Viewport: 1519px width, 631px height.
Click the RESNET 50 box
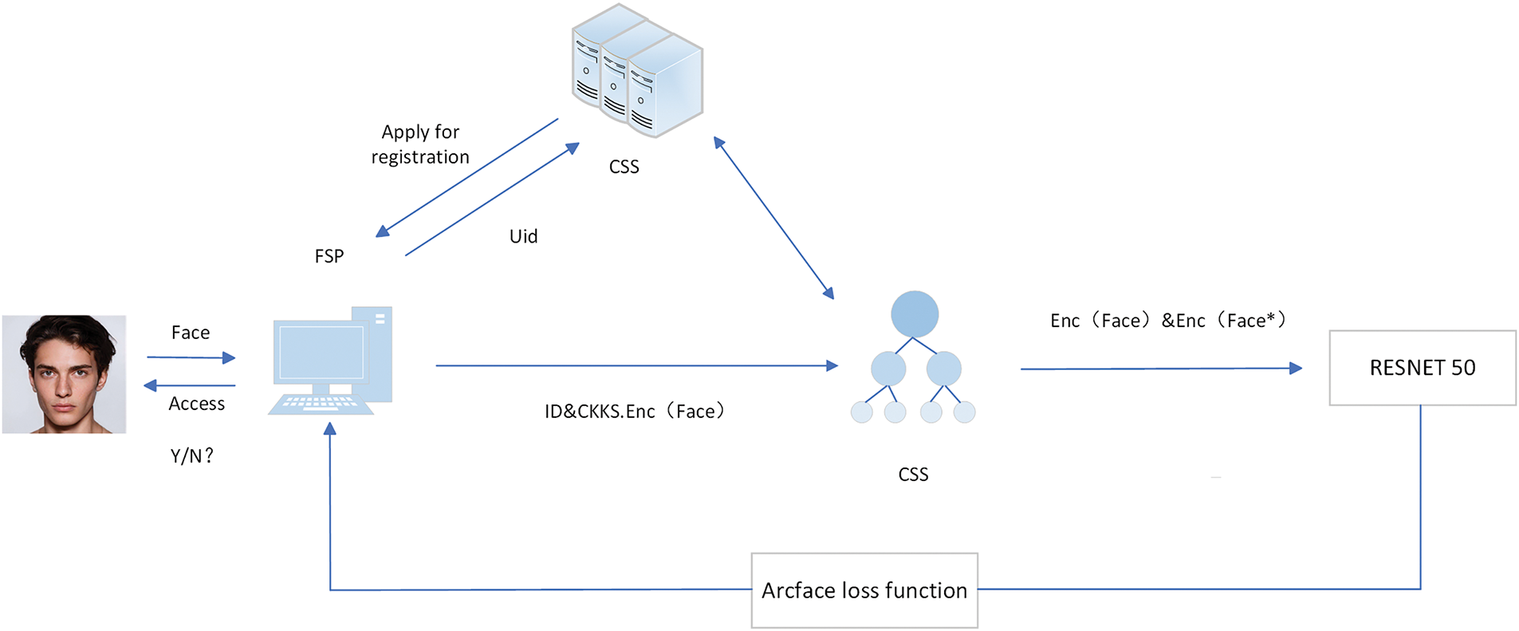1422,368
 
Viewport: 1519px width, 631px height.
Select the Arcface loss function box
864,590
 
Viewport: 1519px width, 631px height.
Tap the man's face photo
64,374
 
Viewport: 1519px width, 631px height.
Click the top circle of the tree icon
914,314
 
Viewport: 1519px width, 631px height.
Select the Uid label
523,236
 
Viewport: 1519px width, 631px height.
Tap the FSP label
329,256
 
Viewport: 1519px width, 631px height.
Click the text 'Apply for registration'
420,144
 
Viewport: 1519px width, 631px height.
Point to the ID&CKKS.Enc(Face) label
635,412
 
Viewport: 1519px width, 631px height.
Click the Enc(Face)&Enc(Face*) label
1167,321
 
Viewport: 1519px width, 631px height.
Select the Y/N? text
191,456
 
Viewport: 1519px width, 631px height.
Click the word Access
197,404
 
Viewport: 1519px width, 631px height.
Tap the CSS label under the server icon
624,167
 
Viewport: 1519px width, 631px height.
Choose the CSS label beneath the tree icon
913,475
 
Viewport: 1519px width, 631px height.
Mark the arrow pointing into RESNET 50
1160,369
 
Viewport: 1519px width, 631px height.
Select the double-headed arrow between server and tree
773,218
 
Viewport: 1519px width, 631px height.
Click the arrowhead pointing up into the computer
330,429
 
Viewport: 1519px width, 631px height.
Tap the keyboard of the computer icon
321,403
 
